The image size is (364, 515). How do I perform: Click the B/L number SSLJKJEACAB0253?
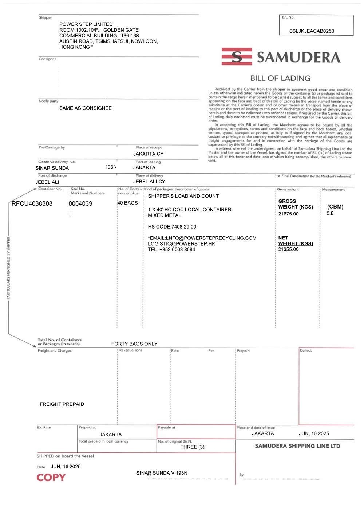point(312,31)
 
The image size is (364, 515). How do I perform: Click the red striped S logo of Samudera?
point(237,56)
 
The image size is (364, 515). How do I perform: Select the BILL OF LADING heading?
point(280,78)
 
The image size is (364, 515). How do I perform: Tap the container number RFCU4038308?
point(32,203)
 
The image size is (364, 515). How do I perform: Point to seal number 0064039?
point(80,203)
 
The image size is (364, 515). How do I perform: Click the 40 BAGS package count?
point(127,203)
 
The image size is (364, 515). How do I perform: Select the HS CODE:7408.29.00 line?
point(172,227)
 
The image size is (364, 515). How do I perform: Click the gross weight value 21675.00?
point(288,214)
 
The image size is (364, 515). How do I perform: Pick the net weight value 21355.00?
point(288,249)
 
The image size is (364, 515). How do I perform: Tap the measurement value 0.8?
point(330,213)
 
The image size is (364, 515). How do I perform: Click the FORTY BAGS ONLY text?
point(134,344)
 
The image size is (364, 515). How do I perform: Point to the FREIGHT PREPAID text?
point(62,404)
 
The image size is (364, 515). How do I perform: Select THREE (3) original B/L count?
point(192,447)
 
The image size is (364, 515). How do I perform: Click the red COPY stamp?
point(51,478)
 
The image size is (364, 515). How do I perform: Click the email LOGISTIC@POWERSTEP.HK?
point(181,244)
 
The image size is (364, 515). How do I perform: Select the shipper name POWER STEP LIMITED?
point(86,24)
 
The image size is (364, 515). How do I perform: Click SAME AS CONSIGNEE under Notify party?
point(85,108)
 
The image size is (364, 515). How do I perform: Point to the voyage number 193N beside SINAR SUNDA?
point(111,167)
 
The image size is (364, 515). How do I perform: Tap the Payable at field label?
point(166,428)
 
